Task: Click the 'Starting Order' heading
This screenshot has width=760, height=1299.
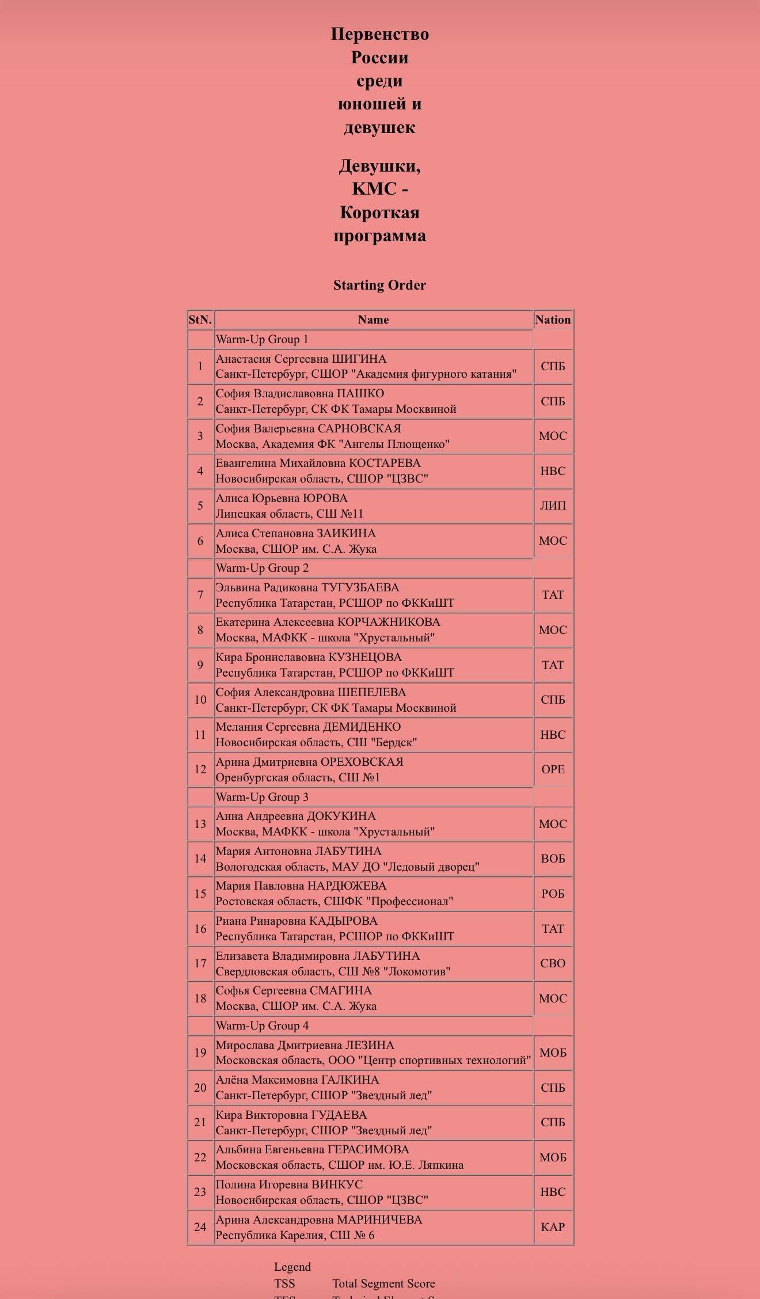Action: (379, 285)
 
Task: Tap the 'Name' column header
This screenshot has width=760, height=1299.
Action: (373, 320)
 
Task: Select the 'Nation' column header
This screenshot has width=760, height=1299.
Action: (553, 320)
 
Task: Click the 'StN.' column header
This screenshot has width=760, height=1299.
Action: (200, 320)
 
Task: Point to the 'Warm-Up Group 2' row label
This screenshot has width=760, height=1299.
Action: (262, 568)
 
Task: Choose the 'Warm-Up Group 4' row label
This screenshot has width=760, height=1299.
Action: (262, 1025)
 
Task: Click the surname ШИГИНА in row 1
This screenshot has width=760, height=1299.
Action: (359, 359)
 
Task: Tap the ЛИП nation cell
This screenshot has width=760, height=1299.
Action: (553, 506)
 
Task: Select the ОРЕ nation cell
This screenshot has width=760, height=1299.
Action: (553, 769)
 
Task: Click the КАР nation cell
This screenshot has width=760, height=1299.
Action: (553, 1227)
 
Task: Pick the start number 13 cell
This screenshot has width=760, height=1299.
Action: (200, 824)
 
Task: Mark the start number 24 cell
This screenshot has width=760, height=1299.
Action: (200, 1227)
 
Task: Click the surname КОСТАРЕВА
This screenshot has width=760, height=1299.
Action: (385, 463)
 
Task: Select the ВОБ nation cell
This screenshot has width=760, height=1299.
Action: (553, 859)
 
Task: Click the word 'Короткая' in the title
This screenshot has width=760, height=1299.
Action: (379, 212)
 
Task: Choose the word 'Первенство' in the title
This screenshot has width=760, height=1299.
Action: (379, 34)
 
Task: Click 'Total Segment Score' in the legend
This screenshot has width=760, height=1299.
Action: (383, 1283)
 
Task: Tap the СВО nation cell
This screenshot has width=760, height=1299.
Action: (553, 963)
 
